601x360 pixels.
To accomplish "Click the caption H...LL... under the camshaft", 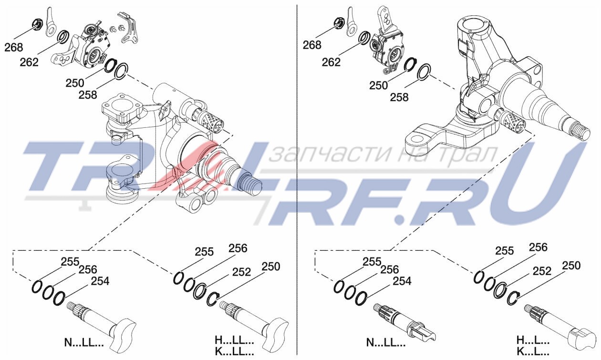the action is (x=234, y=341).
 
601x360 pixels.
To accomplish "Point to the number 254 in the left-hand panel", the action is (x=100, y=281).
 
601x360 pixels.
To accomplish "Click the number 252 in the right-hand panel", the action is (x=542, y=271).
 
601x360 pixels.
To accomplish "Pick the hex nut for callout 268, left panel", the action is (x=38, y=24).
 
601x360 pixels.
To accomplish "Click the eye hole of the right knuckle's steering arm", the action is (x=416, y=139).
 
